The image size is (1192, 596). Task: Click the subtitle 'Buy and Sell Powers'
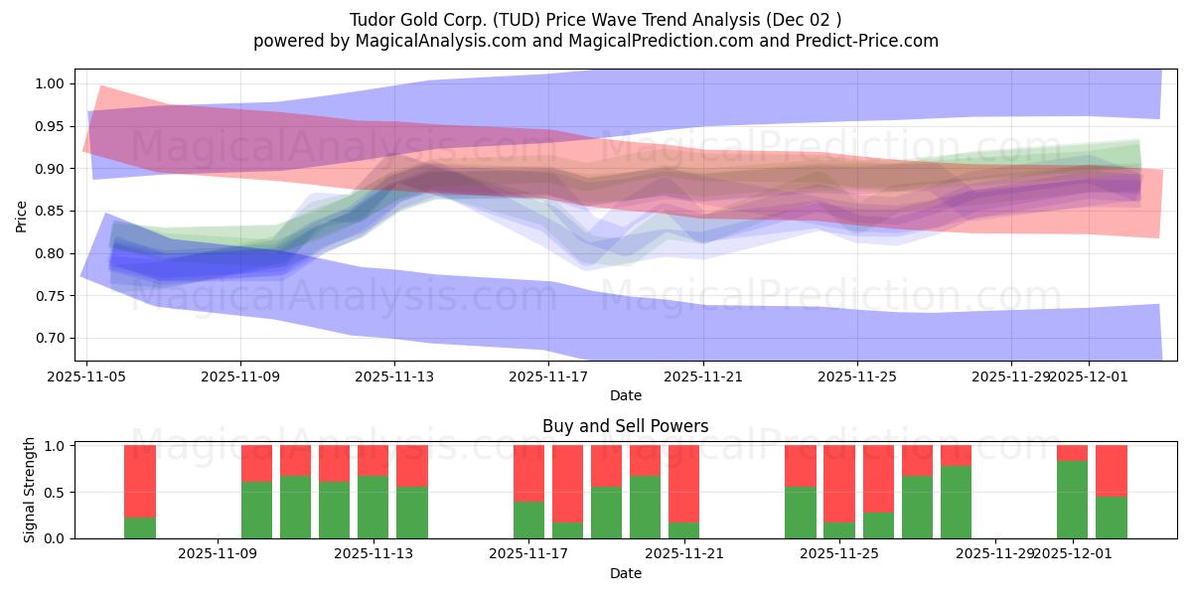(625, 426)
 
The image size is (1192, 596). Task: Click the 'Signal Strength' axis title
(30, 490)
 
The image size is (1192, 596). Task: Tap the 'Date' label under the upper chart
(625, 395)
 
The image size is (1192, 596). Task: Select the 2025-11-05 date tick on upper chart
(87, 376)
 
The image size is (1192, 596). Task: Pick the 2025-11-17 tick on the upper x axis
(548, 376)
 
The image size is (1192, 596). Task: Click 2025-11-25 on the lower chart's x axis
(838, 554)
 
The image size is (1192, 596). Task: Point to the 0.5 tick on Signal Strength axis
(56, 492)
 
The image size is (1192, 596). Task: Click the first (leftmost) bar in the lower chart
(140, 492)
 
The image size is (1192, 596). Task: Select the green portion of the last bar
(1111, 517)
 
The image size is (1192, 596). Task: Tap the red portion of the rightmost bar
(1111, 470)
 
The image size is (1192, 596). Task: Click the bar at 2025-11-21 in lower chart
(683, 492)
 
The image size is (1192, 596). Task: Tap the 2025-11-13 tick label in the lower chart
(373, 554)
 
